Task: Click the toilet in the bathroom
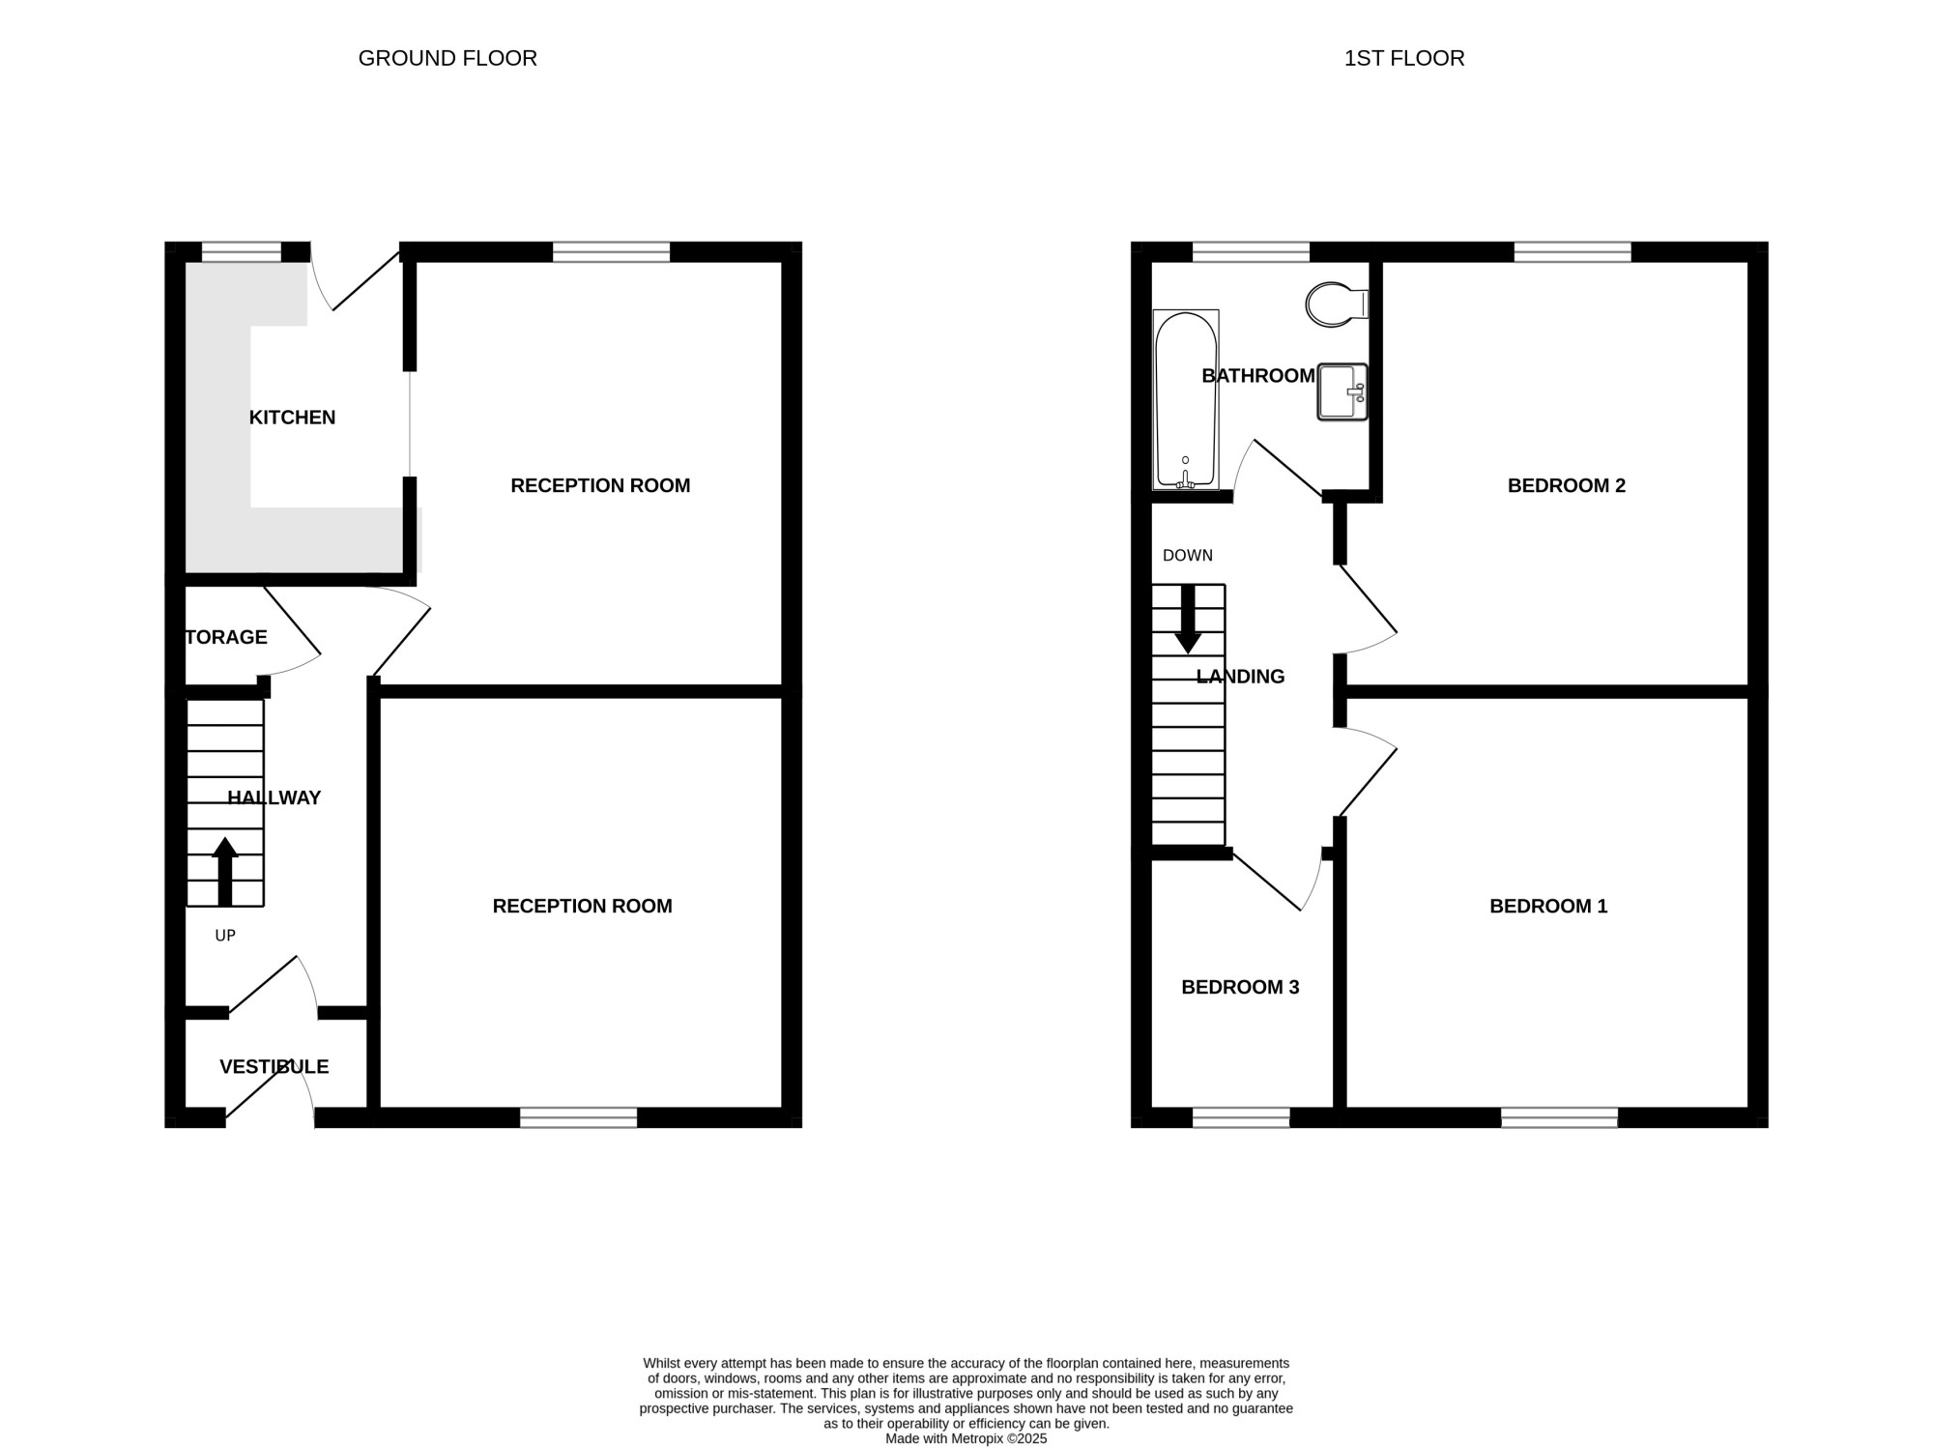pyautogui.click(x=1337, y=304)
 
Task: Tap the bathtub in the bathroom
pyautogui.click(x=1186, y=400)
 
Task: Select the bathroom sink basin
pyautogui.click(x=1342, y=391)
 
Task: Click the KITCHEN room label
pyautogui.click(x=292, y=418)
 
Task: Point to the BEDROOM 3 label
pyautogui.click(x=1240, y=987)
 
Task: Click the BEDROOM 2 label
pyautogui.click(x=1567, y=485)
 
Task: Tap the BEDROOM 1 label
pyautogui.click(x=1548, y=906)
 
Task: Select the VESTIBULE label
pyautogui.click(x=274, y=1066)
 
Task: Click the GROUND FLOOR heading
pyautogui.click(x=447, y=58)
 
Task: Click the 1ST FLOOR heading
pyautogui.click(x=1404, y=58)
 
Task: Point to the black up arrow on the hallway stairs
pyautogui.click(x=225, y=871)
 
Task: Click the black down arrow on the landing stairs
pyautogui.click(x=1188, y=619)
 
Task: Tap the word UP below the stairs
pyautogui.click(x=225, y=936)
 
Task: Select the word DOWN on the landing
pyautogui.click(x=1188, y=556)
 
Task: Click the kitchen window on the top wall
pyautogui.click(x=242, y=252)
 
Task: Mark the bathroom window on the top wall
pyautogui.click(x=1251, y=252)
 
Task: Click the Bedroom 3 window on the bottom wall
pyautogui.click(x=1241, y=1117)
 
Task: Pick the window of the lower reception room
pyautogui.click(x=579, y=1117)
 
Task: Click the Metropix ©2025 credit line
pyautogui.click(x=966, y=1438)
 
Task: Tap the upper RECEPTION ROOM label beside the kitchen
pyautogui.click(x=600, y=485)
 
